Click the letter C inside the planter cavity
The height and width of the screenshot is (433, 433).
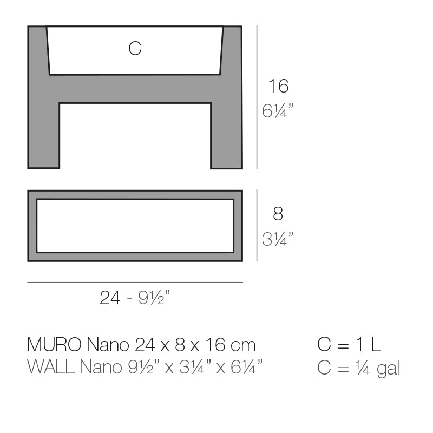tap(135, 49)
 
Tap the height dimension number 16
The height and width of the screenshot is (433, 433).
tap(278, 86)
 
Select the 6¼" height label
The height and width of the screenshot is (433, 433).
tap(278, 111)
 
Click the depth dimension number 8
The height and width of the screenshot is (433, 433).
tap(278, 214)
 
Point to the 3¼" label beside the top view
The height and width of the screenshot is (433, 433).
tap(278, 239)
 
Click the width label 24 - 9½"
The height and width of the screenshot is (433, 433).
tap(135, 298)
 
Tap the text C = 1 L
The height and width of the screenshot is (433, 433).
tap(349, 345)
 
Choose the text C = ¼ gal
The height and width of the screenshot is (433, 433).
tap(358, 368)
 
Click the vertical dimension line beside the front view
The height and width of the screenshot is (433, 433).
tap(257, 97)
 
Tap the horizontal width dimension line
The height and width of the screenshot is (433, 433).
tap(135, 283)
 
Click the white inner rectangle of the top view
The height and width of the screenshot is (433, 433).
tap(135, 226)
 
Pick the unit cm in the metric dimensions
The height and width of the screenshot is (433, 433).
tap(243, 345)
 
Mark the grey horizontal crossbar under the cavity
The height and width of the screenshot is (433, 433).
tap(135, 88)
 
